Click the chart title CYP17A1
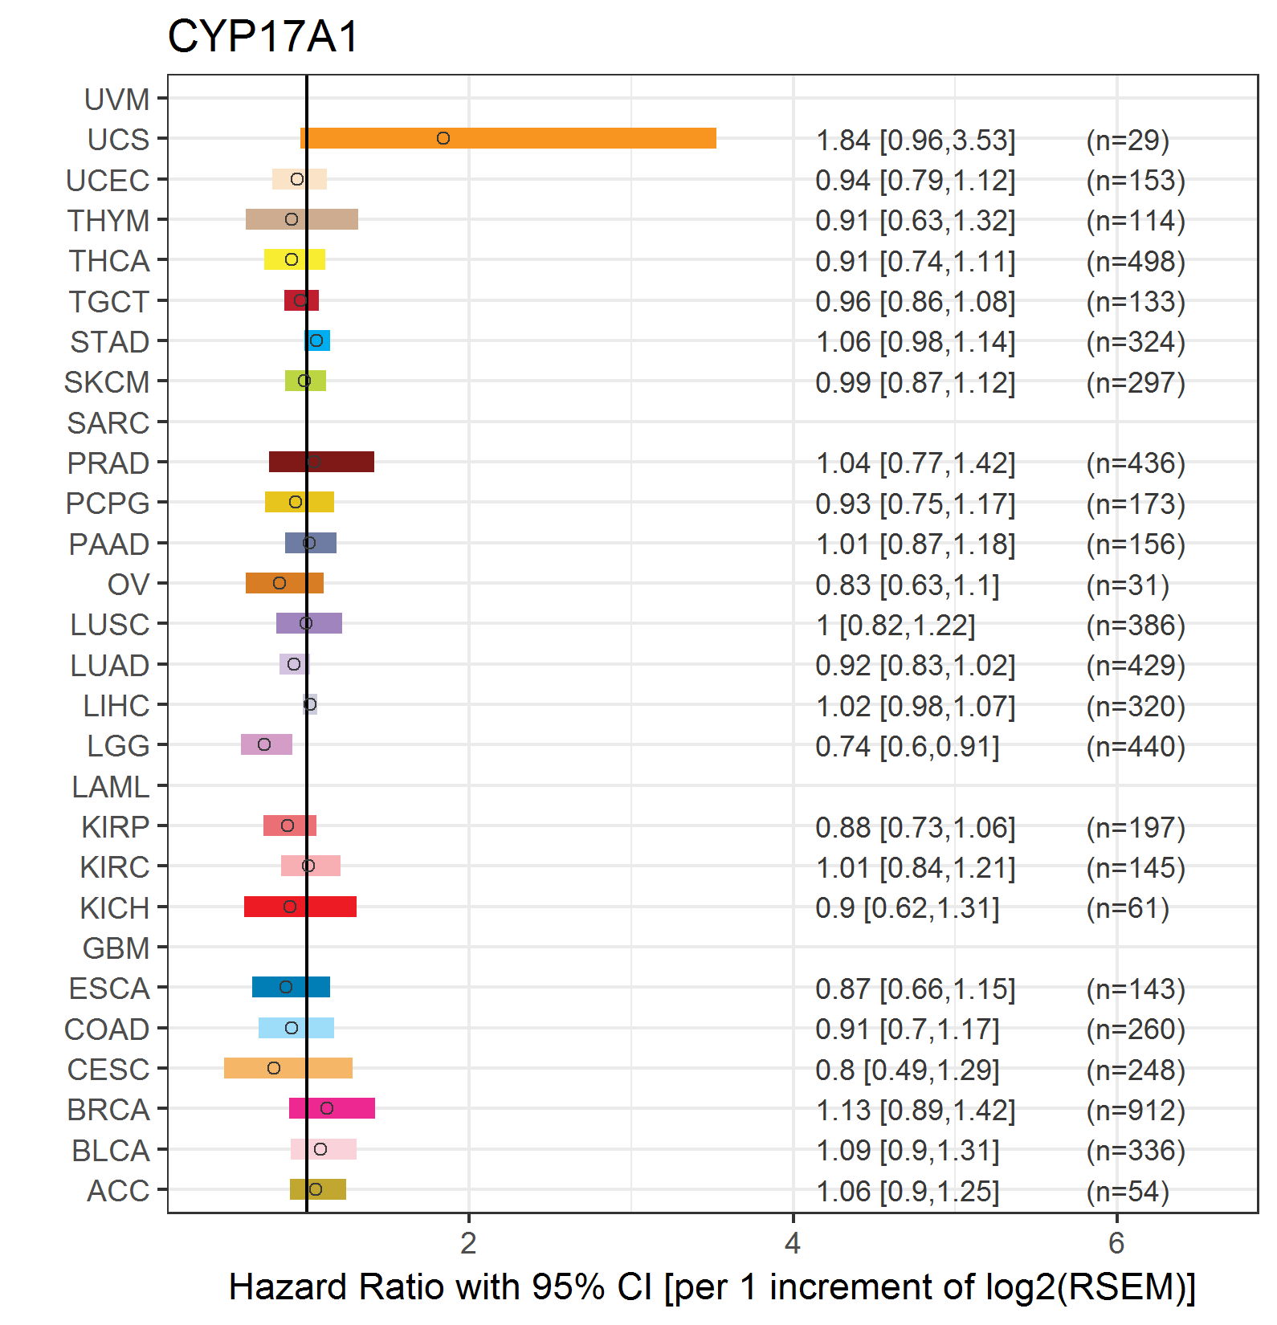[263, 37]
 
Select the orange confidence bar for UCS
[508, 138]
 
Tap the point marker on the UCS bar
[443, 138]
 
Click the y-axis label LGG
[118, 746]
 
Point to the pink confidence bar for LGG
[267, 744]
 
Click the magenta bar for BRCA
[332, 1108]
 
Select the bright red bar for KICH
[300, 907]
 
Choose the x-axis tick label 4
[793, 1243]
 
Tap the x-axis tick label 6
[1116, 1243]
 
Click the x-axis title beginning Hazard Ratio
[712, 1287]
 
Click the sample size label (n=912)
[1136, 1110]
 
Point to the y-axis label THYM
[108, 221]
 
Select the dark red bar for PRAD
[321, 462]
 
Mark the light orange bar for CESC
[288, 1068]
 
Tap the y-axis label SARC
[108, 423]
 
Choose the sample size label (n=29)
[1128, 140]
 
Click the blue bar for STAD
[317, 340]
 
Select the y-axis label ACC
[118, 1191]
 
